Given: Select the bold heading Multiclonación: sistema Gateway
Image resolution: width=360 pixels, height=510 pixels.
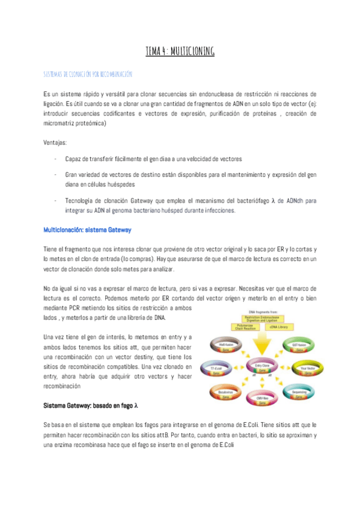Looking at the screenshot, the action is click(87, 230).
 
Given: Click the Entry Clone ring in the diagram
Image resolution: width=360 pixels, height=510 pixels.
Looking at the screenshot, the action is click(262, 366).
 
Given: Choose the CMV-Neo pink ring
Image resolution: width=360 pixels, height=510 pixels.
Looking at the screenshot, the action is click(262, 399).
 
